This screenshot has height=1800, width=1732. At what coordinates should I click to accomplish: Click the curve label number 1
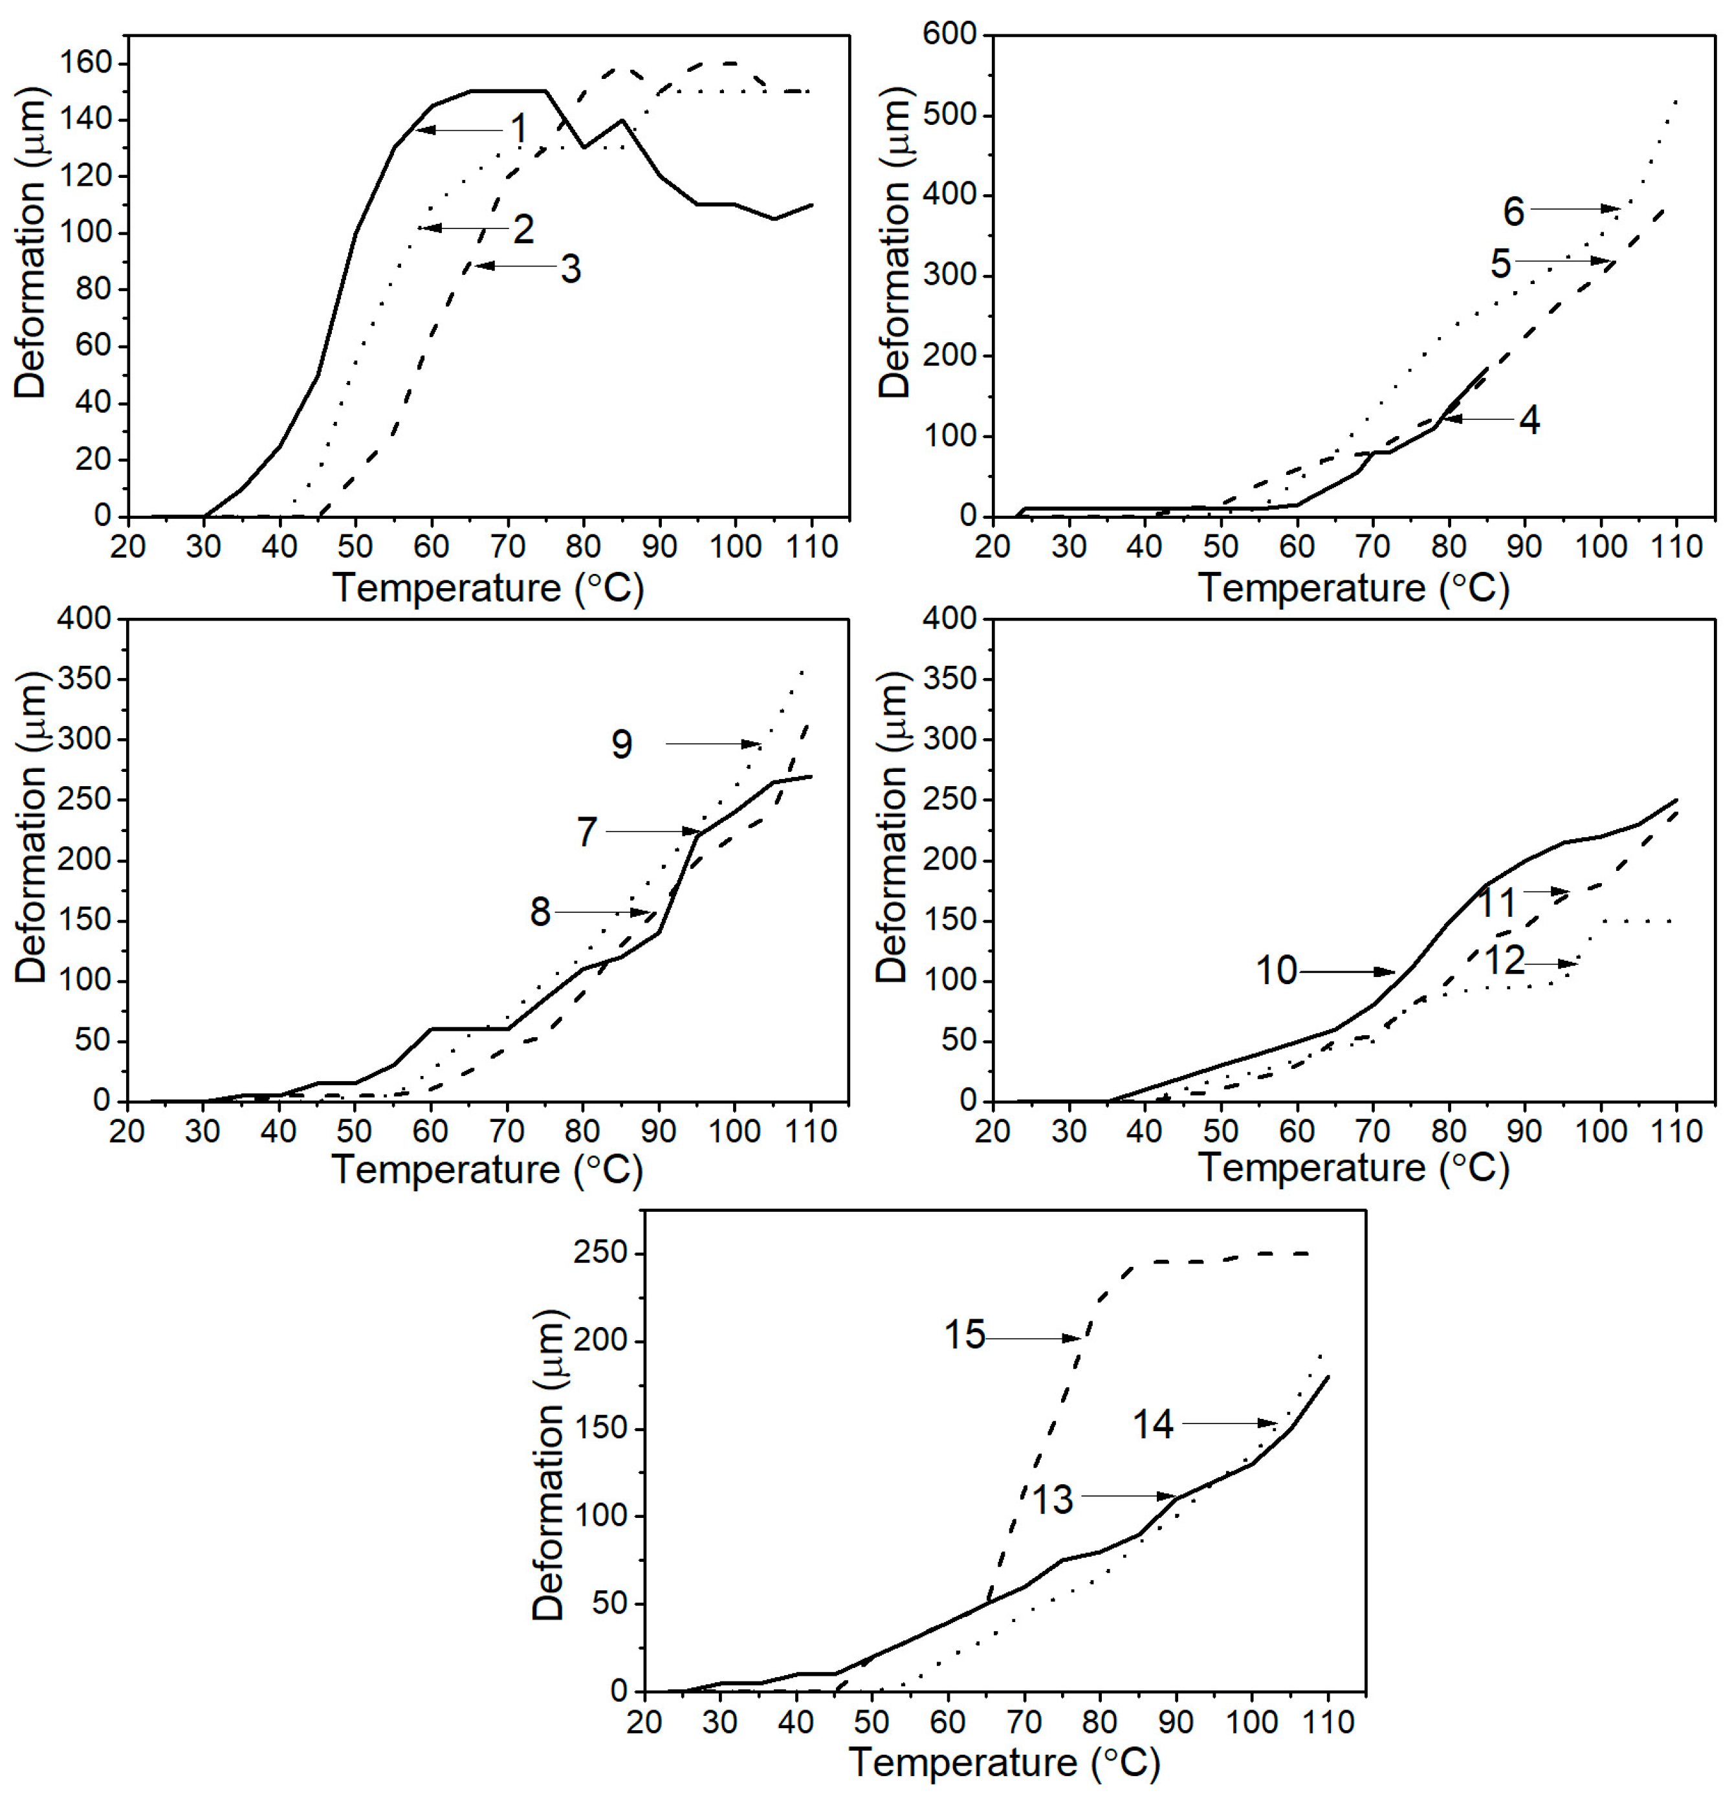point(519,129)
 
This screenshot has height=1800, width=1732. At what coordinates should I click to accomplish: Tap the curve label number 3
point(570,269)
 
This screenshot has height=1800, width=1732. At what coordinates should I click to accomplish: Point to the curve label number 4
point(1529,420)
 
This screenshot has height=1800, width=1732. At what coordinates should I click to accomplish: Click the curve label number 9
point(622,744)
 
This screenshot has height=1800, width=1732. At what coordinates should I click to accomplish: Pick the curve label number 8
point(540,912)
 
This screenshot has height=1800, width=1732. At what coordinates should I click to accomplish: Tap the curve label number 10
point(1276,971)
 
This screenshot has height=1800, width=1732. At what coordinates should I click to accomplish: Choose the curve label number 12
point(1504,961)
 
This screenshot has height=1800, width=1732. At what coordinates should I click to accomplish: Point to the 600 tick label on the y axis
point(954,35)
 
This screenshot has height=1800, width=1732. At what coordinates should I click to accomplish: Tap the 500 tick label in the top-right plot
point(954,116)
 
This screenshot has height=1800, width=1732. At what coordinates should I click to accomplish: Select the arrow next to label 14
point(1229,1423)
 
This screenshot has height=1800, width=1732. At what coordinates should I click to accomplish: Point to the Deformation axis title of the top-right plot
point(893,243)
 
